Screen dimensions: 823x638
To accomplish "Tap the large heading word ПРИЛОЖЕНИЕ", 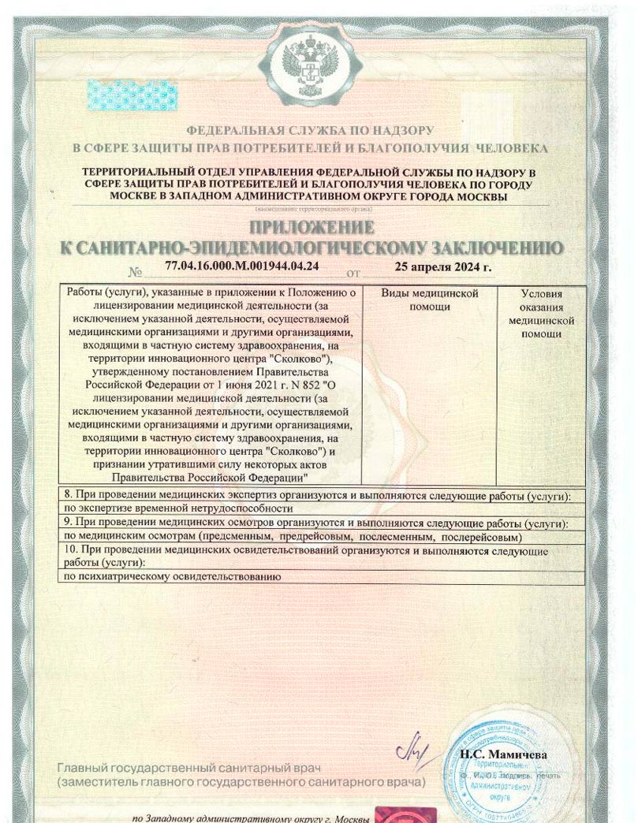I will point(312,229).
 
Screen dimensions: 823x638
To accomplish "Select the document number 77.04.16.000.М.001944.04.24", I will point(243,266).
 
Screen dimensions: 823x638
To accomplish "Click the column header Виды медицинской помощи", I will point(430,300).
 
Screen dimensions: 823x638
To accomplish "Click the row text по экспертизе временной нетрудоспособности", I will point(173,509).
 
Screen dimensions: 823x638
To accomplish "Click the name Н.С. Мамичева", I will point(503,754).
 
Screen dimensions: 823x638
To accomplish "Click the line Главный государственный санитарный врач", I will point(189,768).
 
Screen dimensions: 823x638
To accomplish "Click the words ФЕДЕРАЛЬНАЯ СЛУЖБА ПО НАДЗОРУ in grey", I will point(310,130).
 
